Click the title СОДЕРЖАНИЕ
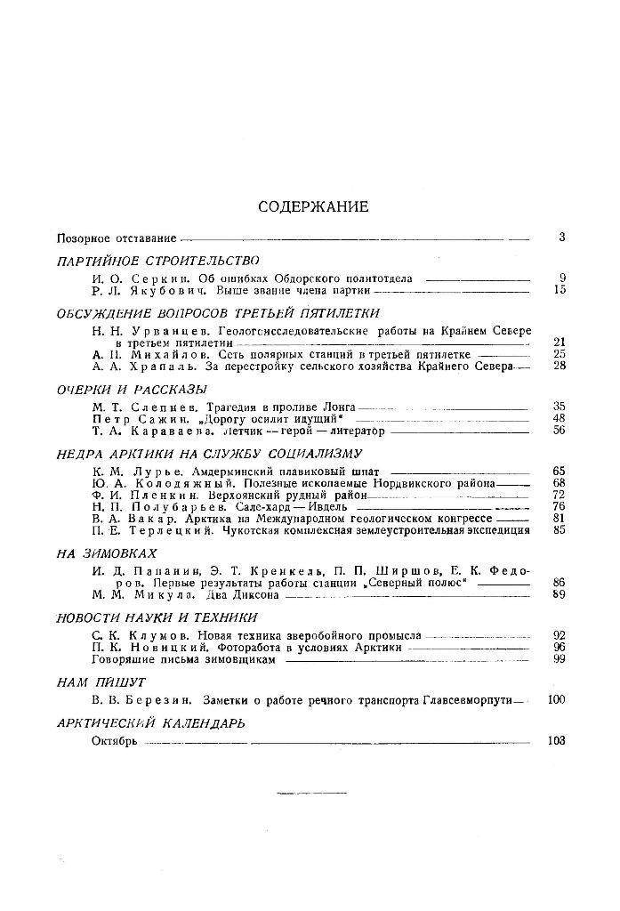pyautogui.click(x=313, y=206)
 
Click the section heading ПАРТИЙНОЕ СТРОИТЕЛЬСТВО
pyautogui.click(x=157, y=261)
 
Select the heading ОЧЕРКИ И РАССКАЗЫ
pyautogui.click(x=132, y=389)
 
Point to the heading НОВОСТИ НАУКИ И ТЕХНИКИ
pyautogui.click(x=157, y=617)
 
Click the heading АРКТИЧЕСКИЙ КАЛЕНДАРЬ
pyautogui.click(x=149, y=722)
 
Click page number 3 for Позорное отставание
pyautogui.click(x=562, y=238)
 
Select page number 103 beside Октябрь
pyautogui.click(x=557, y=740)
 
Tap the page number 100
pyautogui.click(x=557, y=700)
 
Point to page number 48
pyautogui.click(x=560, y=418)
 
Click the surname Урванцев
pyautogui.click(x=173, y=330)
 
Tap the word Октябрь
pyautogui.click(x=114, y=740)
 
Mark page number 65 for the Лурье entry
pyautogui.click(x=560, y=470)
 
